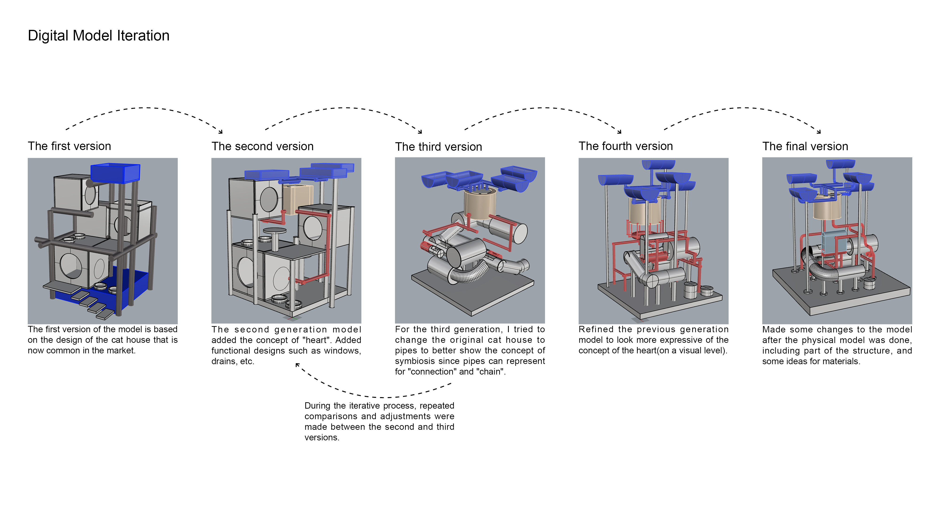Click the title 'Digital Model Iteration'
[x=98, y=36]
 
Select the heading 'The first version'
[x=69, y=146]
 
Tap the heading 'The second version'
[x=262, y=146]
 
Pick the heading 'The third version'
[x=438, y=147]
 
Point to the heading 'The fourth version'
[x=625, y=146]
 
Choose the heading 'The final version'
[x=805, y=146]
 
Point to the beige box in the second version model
[x=298, y=199]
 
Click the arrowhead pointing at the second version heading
[x=220, y=132]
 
